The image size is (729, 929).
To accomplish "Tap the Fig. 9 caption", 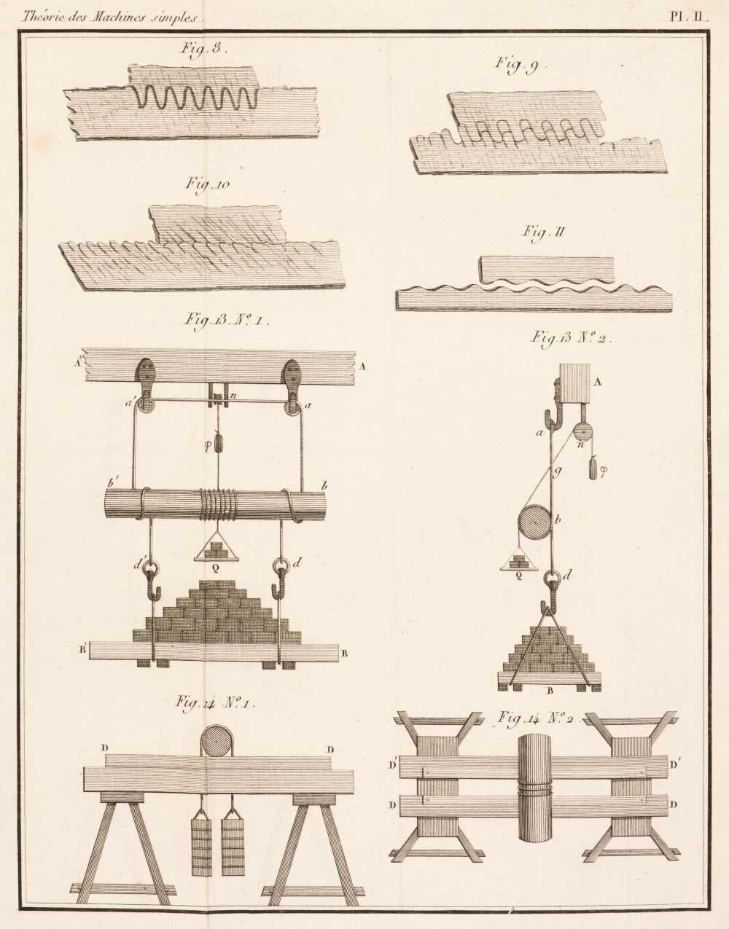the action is [516, 66].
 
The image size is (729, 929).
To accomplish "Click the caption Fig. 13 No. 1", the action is [227, 321].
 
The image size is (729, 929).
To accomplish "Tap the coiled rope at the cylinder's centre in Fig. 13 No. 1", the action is [218, 505].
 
